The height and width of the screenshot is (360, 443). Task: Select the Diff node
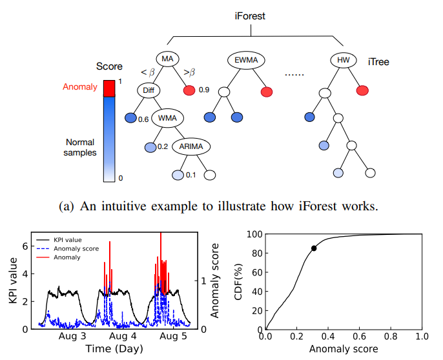click(147, 90)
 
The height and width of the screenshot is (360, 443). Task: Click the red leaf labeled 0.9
click(189, 91)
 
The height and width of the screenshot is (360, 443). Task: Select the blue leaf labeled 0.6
click(130, 118)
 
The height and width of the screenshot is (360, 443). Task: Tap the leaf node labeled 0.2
click(150, 147)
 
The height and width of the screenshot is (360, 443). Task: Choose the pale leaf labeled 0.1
click(178, 175)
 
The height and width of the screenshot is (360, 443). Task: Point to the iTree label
click(377, 63)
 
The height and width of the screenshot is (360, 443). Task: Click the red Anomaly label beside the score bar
click(80, 86)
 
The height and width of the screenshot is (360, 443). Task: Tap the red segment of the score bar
click(110, 87)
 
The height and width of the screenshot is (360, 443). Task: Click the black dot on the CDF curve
click(314, 248)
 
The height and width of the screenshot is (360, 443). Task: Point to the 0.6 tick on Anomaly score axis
click(359, 337)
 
